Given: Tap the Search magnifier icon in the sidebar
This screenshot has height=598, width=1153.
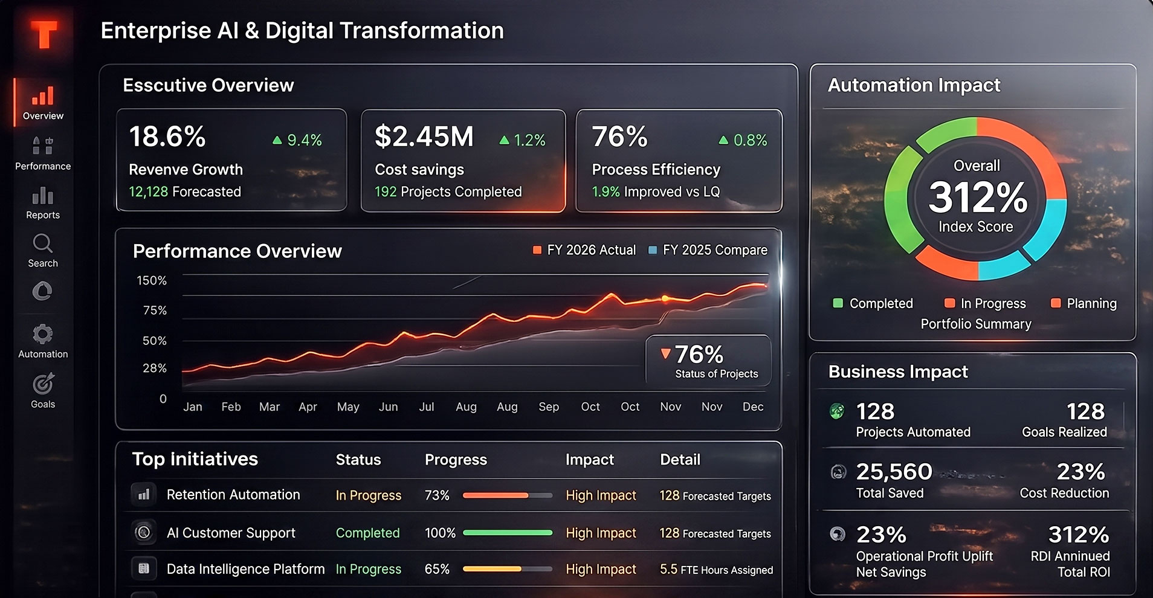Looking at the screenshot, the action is (x=42, y=243).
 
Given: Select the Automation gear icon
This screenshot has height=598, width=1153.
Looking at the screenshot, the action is (x=42, y=334).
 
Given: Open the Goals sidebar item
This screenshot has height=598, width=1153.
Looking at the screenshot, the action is (x=43, y=391).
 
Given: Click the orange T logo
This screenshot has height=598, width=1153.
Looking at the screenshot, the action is (x=44, y=34).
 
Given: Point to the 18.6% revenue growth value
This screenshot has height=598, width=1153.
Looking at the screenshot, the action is (x=167, y=137).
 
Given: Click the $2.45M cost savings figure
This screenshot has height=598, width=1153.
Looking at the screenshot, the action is (x=424, y=137).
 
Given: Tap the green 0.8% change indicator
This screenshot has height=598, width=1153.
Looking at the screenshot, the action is (x=743, y=140).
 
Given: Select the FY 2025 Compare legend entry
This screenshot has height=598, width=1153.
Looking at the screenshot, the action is (x=708, y=250).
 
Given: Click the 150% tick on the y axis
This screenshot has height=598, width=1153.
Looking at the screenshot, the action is (x=152, y=280).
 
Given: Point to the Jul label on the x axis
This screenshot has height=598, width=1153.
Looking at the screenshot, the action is (x=427, y=407).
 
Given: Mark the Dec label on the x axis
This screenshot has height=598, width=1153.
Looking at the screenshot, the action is (x=753, y=407).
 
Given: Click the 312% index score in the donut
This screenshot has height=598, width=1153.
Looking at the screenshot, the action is (x=978, y=197).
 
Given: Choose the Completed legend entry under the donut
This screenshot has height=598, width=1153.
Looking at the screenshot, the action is (x=873, y=303).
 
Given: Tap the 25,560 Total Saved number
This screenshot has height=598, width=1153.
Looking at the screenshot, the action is (x=894, y=471).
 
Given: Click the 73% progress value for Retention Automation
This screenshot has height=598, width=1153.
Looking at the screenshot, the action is (x=437, y=495).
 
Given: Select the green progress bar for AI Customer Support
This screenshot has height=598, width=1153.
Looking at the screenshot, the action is (x=508, y=533).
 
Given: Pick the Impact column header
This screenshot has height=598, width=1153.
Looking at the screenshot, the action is (x=590, y=460).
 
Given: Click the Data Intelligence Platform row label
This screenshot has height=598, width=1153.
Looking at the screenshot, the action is (x=245, y=569).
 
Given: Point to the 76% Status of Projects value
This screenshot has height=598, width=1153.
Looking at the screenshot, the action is (x=699, y=354).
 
